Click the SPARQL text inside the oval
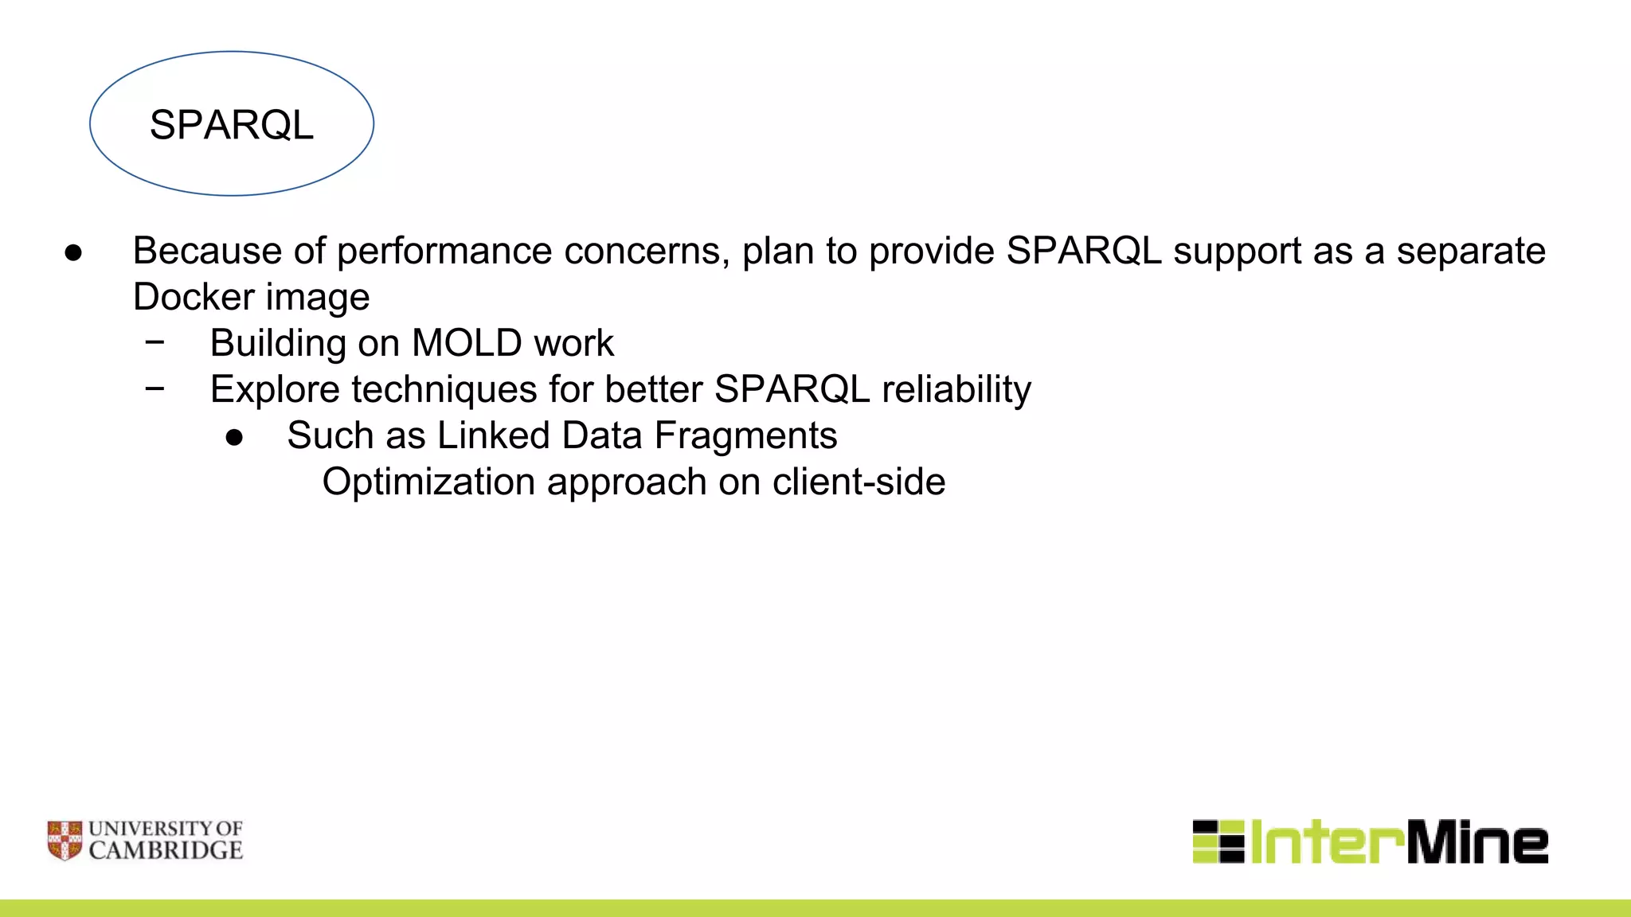232,125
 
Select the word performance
444,252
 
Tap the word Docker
194,297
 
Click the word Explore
274,390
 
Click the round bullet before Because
73,253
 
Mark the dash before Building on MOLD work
155,342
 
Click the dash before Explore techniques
155,388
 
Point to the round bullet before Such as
234,437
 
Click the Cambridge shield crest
65,841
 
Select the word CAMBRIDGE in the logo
166,851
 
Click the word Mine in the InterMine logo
1477,842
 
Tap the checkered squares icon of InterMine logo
1218,841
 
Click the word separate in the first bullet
1470,251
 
